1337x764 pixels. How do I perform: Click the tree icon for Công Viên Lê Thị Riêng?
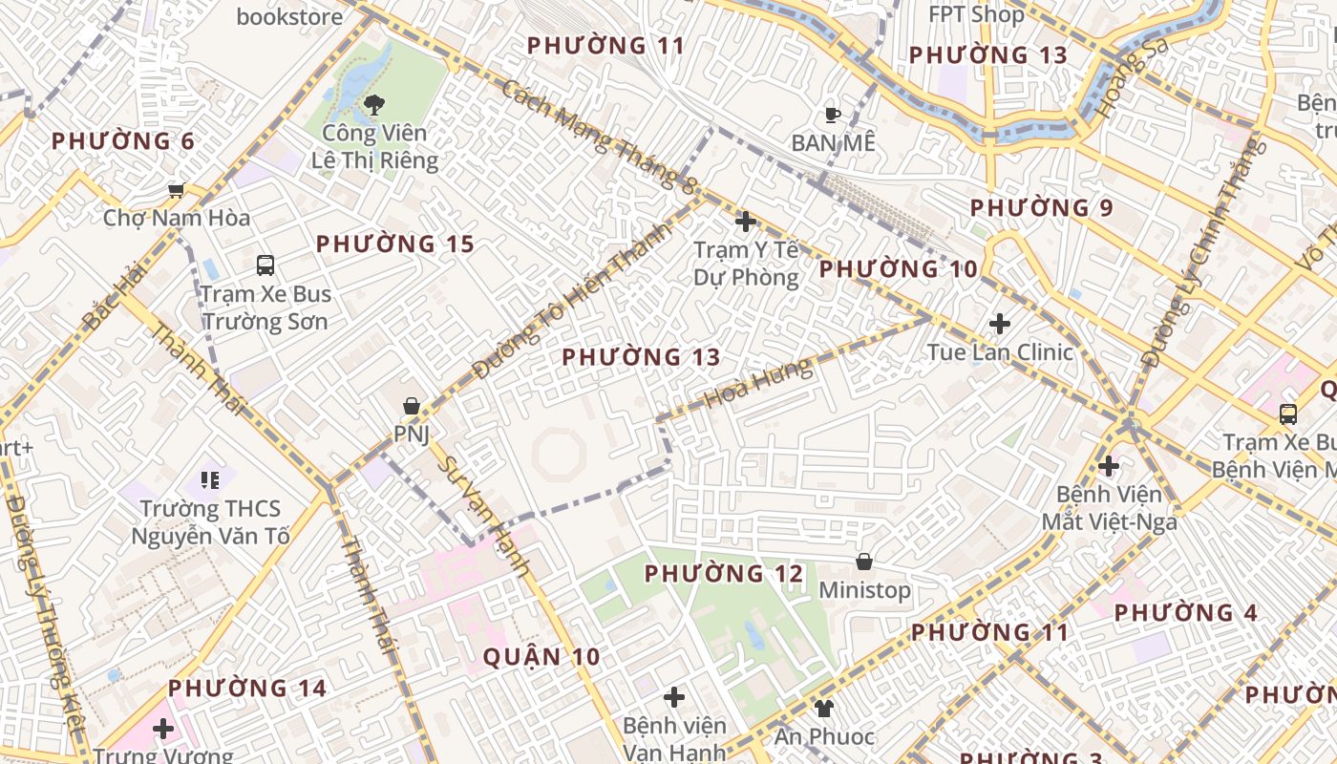coord(374,103)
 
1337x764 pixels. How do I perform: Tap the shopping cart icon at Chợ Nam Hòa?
coord(176,190)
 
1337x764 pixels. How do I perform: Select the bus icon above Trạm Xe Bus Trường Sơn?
coord(265,265)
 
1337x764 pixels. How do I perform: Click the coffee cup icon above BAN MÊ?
coord(833,116)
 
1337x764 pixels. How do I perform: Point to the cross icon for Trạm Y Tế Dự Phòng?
coord(746,222)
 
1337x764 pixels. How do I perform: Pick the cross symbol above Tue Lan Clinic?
coord(1000,324)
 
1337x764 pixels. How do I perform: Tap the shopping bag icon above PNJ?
coord(412,406)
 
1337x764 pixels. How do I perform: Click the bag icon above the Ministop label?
coord(864,562)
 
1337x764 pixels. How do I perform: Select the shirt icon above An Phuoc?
coord(823,708)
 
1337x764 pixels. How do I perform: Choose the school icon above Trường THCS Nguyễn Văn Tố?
coord(210,479)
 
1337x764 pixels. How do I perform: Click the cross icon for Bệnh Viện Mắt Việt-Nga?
coord(1109,466)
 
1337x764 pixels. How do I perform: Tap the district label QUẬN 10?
coord(541,657)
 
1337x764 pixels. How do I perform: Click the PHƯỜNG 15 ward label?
coord(395,244)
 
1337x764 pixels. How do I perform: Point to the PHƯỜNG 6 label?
coord(122,142)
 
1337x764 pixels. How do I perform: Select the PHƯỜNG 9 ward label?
coord(1042,208)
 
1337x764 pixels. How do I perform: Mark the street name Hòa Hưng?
coord(758,383)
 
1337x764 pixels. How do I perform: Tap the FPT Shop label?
coord(976,15)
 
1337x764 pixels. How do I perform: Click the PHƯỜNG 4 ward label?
coord(1186,613)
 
